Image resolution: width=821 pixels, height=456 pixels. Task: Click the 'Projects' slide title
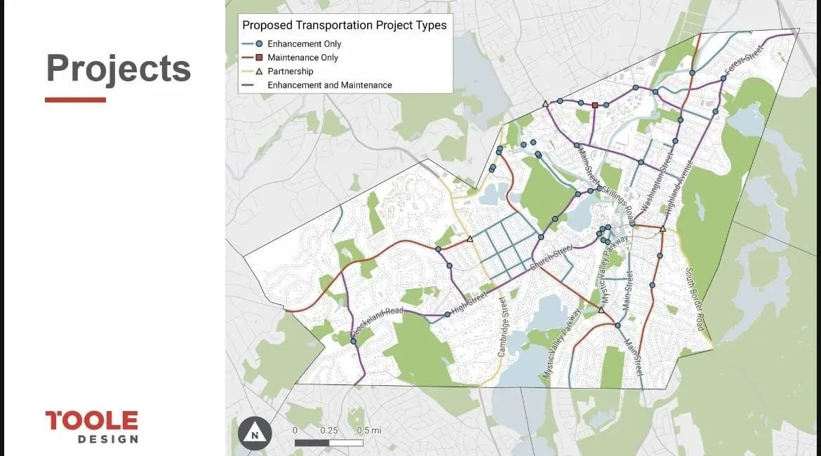point(118,69)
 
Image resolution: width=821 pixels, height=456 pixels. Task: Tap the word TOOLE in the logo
point(91,421)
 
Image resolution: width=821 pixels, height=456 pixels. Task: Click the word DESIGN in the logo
point(107,439)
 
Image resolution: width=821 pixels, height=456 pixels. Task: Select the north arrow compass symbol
point(253,433)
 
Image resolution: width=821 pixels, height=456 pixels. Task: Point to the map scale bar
point(328,443)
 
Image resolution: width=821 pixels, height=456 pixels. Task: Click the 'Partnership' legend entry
point(290,72)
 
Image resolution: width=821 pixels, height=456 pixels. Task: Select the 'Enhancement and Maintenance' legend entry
point(329,85)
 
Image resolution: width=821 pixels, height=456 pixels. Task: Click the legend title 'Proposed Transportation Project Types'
point(344,25)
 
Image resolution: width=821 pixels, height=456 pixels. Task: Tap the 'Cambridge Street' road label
point(502,327)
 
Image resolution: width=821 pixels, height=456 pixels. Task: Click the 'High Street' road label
point(469,304)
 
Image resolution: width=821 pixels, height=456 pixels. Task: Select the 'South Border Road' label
point(695,300)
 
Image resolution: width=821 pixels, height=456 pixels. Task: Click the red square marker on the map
point(595,105)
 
